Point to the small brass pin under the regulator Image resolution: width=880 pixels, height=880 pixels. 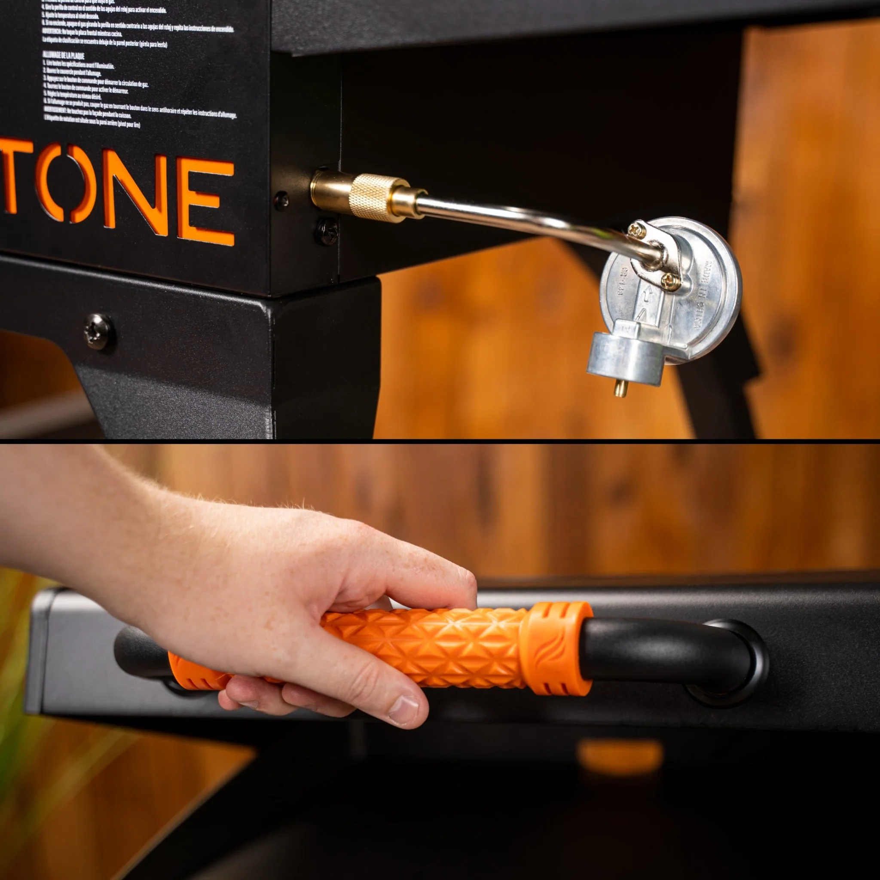[619, 388]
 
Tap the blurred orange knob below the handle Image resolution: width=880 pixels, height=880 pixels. [620, 756]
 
